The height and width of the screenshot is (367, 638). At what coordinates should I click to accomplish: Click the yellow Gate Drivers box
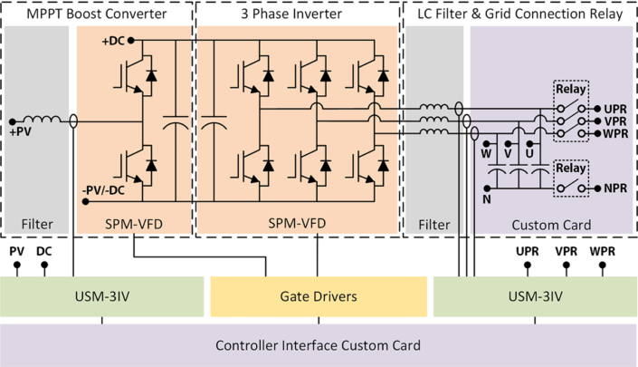(317, 296)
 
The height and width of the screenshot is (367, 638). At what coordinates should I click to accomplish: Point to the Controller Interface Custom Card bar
(319, 345)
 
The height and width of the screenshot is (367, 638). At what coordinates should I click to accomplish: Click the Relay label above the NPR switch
(571, 169)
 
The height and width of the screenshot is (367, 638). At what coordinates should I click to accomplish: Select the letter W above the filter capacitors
(485, 153)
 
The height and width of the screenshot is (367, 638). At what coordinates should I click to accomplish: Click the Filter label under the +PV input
(36, 223)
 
